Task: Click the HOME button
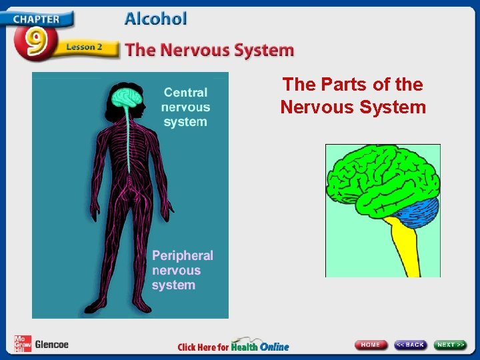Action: pyautogui.click(x=371, y=345)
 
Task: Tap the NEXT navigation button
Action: pyautogui.click(x=451, y=345)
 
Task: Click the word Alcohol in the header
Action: pyautogui.click(x=155, y=19)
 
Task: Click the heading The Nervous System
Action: pyautogui.click(x=209, y=50)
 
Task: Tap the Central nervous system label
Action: pyautogui.click(x=185, y=107)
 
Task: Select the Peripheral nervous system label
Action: pyautogui.click(x=182, y=270)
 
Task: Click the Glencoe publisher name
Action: pyautogui.click(x=51, y=345)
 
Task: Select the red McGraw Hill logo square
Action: pyautogui.click(x=22, y=344)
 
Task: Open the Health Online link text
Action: pyautogui.click(x=260, y=346)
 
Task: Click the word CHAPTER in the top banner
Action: pyautogui.click(x=37, y=18)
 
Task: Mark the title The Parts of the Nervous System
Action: pyautogui.click(x=353, y=95)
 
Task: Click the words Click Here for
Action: pyautogui.click(x=203, y=347)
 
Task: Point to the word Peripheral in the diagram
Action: pyautogui.click(x=183, y=256)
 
